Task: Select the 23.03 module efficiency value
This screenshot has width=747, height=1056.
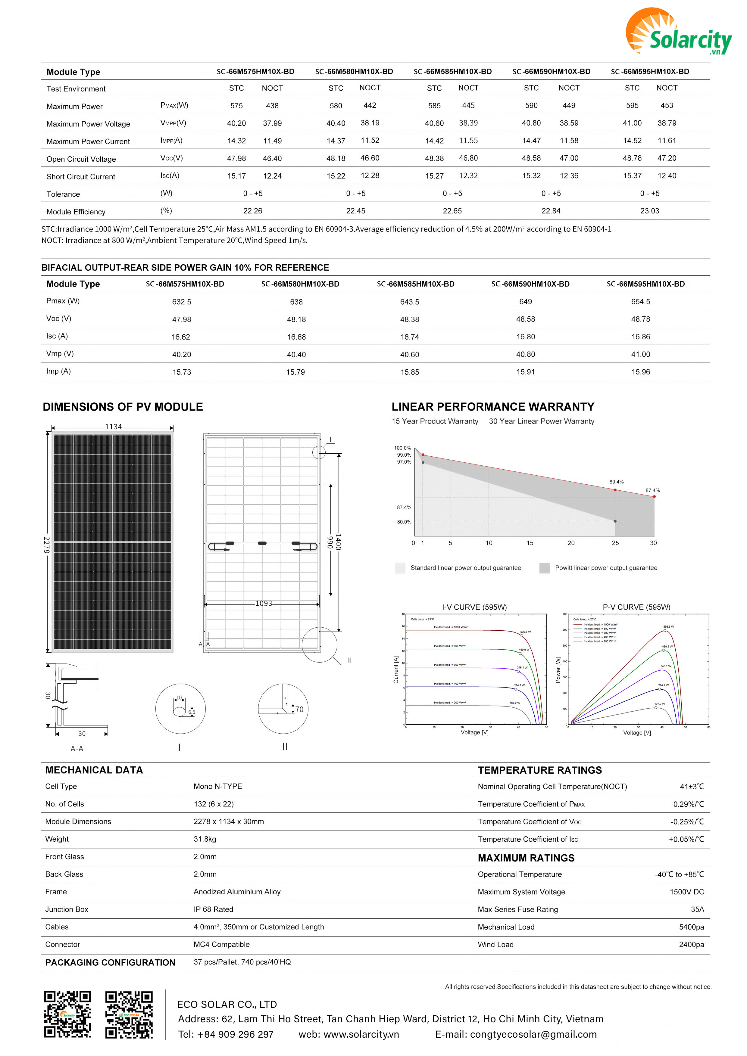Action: click(649, 211)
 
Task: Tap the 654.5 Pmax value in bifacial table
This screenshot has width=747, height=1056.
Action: click(640, 302)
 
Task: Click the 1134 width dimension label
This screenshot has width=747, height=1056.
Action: click(113, 427)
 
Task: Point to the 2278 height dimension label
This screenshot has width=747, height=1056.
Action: click(46, 544)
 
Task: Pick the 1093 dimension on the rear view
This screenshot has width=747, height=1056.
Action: click(264, 604)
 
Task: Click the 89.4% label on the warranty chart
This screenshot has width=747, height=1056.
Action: click(616, 482)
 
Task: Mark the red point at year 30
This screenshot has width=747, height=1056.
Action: click(654, 497)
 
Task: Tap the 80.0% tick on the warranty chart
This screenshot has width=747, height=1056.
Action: click(404, 522)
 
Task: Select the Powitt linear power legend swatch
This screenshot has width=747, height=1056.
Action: click(545, 568)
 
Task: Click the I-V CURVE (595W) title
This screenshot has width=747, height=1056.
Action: click(474, 607)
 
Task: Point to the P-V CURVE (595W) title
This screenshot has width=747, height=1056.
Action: click(636, 607)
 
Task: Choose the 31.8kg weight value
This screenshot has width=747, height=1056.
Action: click(205, 839)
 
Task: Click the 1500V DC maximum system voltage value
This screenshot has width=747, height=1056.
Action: click(687, 892)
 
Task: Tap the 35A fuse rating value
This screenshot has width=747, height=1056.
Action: click(697, 909)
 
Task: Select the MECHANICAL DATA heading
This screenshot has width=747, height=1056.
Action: click(94, 770)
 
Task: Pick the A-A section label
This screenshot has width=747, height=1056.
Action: click(77, 749)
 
